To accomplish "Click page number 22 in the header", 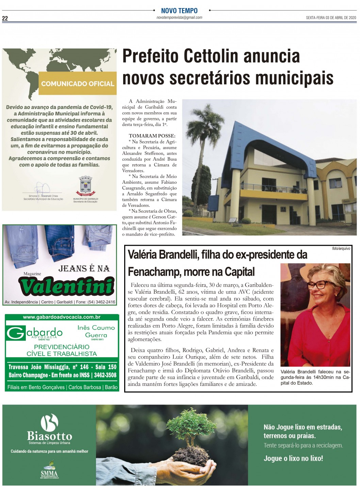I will click(x=5, y=18).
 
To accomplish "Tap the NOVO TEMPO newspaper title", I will click(x=179, y=11).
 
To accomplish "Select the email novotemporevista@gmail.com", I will click(x=179, y=17).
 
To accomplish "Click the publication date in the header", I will click(x=331, y=18).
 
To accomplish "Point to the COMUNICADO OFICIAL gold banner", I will click(x=78, y=83).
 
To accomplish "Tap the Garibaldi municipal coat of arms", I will click(x=85, y=186).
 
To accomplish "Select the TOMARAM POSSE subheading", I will click(x=152, y=136).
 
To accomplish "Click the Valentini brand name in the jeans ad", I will click(x=67, y=286).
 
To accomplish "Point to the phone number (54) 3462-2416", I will click(x=101, y=302).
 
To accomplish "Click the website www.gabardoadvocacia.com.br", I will click(x=62, y=317).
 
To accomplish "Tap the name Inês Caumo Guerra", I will click(x=96, y=331).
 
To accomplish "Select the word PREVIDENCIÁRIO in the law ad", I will click(x=62, y=347).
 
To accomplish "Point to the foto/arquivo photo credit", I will click(x=341, y=248).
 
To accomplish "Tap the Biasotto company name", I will click(x=49, y=436).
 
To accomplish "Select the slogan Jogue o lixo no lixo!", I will click(x=293, y=458).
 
